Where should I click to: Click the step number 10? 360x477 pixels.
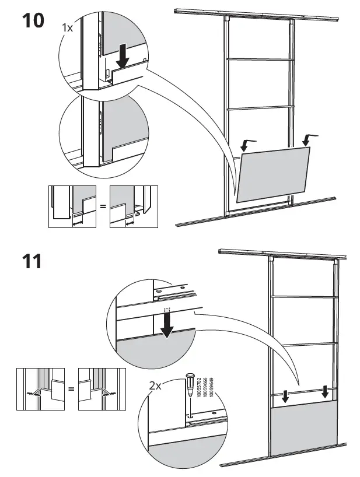click(33, 20)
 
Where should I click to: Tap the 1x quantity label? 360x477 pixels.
click(69, 27)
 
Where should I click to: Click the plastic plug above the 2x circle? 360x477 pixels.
click(189, 384)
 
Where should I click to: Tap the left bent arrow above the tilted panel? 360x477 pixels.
click(249, 143)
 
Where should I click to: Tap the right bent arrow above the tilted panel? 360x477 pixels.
click(309, 139)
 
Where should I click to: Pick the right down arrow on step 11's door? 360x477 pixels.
click(325, 394)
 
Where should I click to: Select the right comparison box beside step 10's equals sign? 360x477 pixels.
click(134, 206)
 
